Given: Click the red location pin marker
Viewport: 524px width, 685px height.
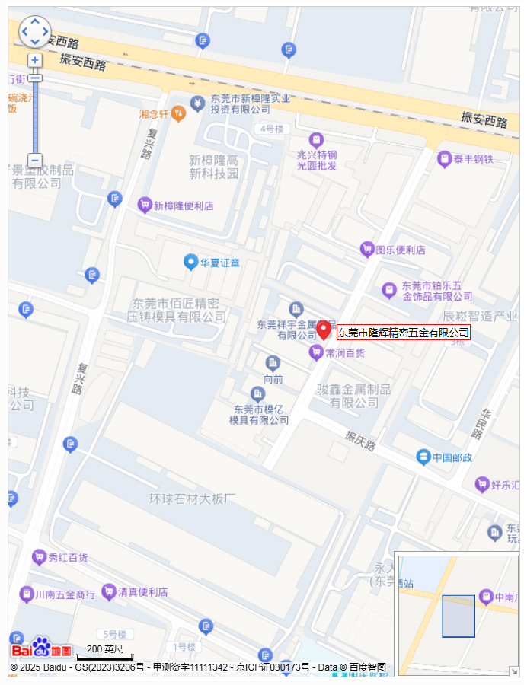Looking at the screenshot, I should (x=324, y=330).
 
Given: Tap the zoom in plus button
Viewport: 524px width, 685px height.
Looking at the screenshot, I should (x=35, y=59).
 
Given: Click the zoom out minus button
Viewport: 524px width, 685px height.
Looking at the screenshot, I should (x=35, y=160).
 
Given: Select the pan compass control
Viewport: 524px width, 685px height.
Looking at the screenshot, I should (x=35, y=32).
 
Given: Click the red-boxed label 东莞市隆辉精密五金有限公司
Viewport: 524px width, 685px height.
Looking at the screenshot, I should (x=404, y=333).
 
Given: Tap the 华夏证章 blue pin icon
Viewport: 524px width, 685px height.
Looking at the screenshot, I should (x=190, y=262).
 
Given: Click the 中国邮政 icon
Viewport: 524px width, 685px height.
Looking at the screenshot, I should (x=423, y=457).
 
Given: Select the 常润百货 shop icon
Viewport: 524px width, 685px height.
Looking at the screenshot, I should (x=315, y=352).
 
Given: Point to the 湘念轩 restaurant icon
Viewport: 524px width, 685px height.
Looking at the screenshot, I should (x=177, y=113).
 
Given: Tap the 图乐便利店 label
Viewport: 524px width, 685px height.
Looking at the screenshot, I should (x=401, y=250).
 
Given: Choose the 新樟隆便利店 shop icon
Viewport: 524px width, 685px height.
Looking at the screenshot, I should (x=144, y=205).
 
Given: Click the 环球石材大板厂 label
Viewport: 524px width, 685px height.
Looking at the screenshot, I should (x=193, y=499).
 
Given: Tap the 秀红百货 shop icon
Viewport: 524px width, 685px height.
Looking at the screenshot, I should (x=39, y=558).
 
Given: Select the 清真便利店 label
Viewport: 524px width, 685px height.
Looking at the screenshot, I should (x=142, y=591).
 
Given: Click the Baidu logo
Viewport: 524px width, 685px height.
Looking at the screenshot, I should (x=42, y=649).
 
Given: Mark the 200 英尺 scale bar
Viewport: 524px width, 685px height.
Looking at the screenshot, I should (x=104, y=653).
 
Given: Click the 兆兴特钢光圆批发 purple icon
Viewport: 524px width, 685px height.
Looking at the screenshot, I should (x=315, y=140).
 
